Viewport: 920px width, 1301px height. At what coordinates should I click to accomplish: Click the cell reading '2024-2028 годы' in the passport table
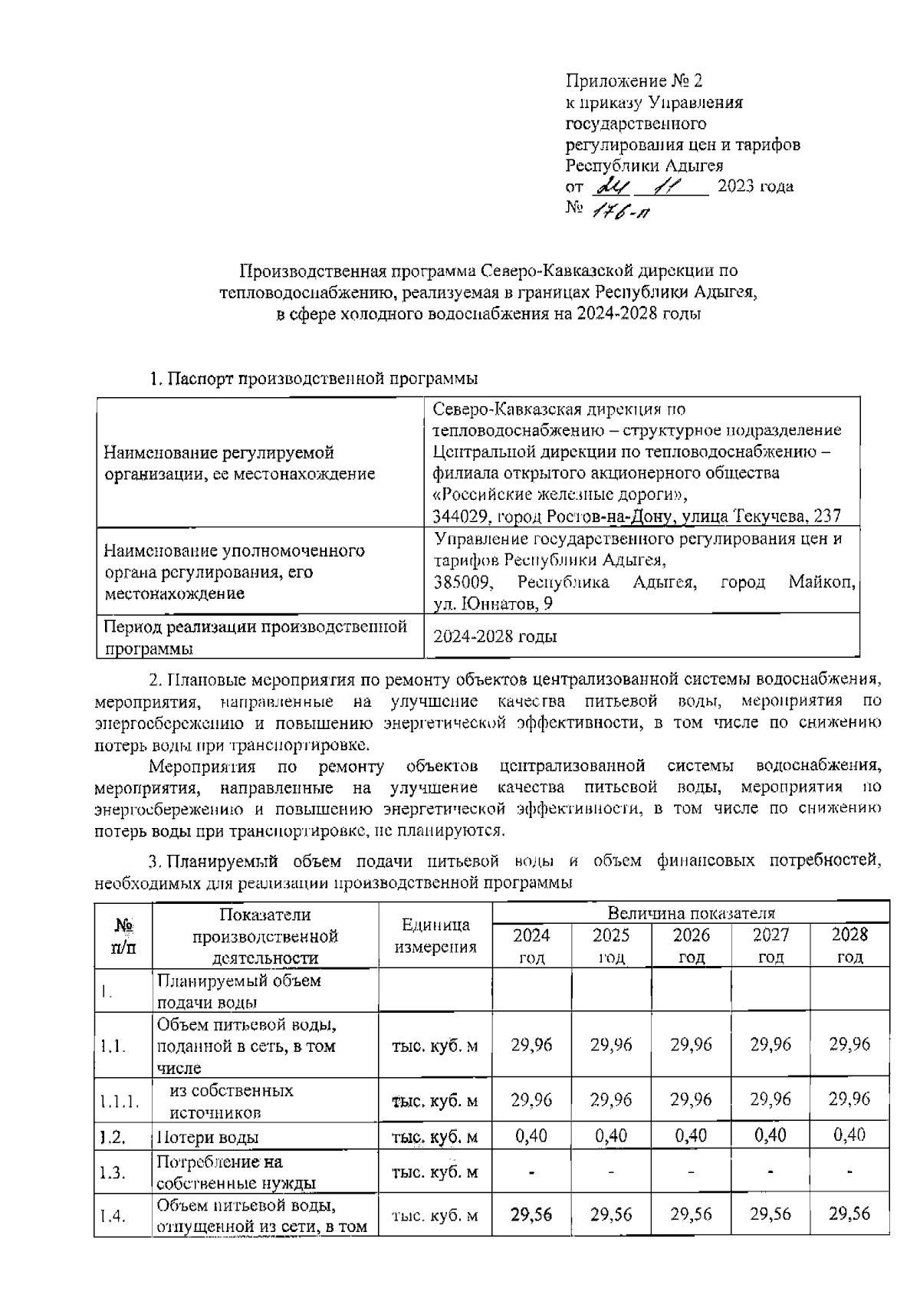pos(495,636)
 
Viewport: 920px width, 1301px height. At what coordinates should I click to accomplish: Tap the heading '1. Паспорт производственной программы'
pos(314,379)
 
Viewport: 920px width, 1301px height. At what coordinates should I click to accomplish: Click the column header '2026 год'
pos(691,945)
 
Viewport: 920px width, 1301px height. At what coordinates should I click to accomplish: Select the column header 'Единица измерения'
pos(435,935)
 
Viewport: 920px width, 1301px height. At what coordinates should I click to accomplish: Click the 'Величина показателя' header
pos(691,913)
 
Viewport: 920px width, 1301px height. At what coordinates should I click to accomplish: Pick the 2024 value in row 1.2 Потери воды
pos(531,1135)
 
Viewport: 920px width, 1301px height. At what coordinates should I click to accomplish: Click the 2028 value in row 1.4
pos(849,1214)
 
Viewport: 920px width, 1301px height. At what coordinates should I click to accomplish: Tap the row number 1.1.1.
pos(120,1102)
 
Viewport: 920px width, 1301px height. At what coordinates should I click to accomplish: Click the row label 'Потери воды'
pos(208,1137)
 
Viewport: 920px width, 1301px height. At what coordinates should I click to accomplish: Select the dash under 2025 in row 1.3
pos(611,1172)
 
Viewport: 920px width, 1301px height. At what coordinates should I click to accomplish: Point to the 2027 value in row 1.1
pos(770,1045)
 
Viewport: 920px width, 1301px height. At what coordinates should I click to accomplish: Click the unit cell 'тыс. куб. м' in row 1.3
pos(435,1172)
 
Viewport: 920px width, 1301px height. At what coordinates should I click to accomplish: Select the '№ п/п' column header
pos(123,935)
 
